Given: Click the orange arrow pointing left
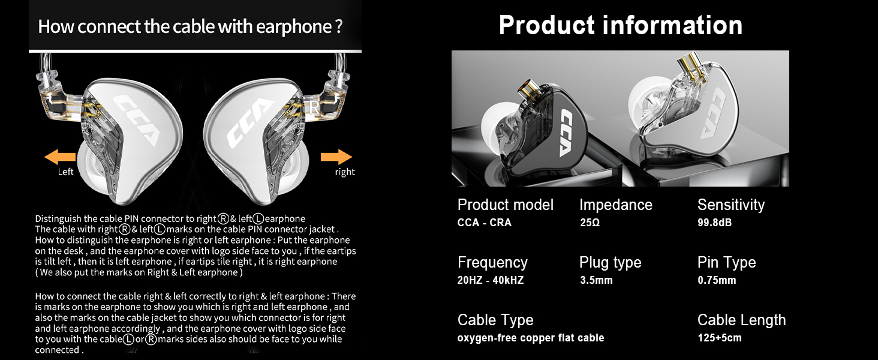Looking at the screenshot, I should (60, 157).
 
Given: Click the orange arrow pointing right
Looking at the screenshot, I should (336, 157).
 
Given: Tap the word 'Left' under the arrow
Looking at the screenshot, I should (66, 172).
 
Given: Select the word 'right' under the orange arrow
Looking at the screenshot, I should (345, 172).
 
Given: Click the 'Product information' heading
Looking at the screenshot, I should (621, 25).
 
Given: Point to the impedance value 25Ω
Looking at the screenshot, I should (590, 223).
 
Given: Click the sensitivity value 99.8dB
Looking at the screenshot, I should (714, 223).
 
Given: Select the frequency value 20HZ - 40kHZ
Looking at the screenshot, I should (491, 280).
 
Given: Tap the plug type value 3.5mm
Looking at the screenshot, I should (596, 280).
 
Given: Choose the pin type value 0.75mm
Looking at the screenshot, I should (717, 280).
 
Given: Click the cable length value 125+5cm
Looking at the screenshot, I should (720, 338).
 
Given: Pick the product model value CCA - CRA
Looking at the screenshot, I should (485, 223).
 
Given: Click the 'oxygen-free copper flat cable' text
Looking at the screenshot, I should (531, 338).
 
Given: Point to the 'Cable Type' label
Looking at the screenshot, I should (495, 320).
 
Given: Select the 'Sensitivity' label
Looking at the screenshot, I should (731, 205).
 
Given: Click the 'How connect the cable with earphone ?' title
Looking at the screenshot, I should (190, 27).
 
